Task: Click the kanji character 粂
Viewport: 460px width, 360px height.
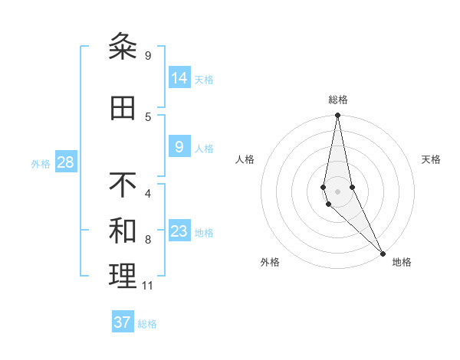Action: [123, 47]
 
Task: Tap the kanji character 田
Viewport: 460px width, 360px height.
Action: [123, 109]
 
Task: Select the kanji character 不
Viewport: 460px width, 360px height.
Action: [123, 185]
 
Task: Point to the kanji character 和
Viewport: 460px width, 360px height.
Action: [123, 231]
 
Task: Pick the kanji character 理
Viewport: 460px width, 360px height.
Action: [123, 277]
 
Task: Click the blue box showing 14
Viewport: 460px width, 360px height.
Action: [179, 78]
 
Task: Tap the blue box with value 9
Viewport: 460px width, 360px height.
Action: [179, 147]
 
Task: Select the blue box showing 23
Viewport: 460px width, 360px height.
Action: [179, 231]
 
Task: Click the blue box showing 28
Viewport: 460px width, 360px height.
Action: [65, 162]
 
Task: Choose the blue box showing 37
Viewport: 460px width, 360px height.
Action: [123, 322]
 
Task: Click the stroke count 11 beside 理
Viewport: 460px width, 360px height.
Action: [147, 286]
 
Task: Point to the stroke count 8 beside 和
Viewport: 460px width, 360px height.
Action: [148, 240]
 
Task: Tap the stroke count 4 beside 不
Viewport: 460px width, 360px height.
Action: [148, 193]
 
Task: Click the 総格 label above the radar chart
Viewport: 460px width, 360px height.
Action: [337, 100]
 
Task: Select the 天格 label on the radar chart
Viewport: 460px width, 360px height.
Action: [431, 159]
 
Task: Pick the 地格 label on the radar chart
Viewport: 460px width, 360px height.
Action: [402, 262]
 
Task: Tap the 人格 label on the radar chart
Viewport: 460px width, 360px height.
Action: [245, 159]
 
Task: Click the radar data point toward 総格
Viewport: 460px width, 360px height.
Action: [337, 116]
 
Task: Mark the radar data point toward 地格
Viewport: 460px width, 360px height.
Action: [383, 253]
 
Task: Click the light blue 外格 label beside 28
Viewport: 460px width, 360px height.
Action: [41, 163]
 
